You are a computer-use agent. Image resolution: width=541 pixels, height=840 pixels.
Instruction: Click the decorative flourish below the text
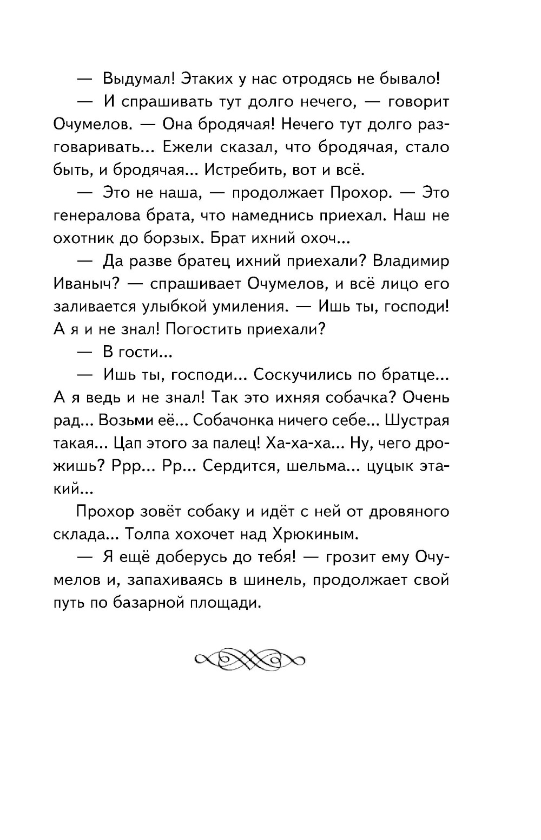coord(249,660)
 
